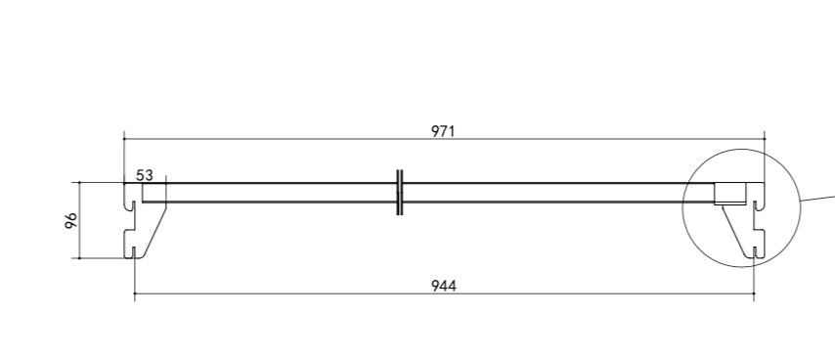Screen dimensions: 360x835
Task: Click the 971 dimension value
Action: tap(444, 130)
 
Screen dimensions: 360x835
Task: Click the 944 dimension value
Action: tap(444, 286)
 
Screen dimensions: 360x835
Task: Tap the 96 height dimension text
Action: tap(71, 220)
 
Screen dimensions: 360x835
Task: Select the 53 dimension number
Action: tap(145, 175)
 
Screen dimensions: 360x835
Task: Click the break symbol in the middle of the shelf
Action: tap(400, 192)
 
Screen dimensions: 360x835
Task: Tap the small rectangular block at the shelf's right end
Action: tap(728, 193)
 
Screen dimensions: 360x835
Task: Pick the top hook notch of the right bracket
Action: tap(759, 205)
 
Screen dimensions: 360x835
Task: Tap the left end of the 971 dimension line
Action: tap(124, 139)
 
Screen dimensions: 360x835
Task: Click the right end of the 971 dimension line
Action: tap(765, 139)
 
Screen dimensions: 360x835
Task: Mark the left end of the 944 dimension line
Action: tap(134, 293)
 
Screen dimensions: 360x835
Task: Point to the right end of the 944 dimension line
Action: tap(754, 293)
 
